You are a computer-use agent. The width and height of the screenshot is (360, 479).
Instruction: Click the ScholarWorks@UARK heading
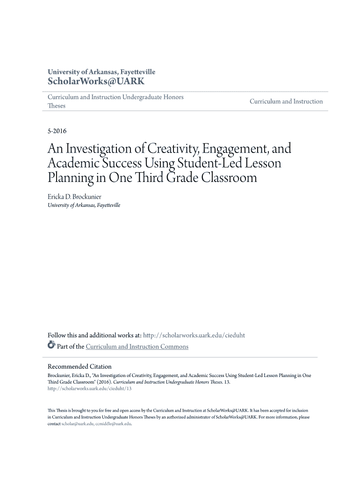point(96,81)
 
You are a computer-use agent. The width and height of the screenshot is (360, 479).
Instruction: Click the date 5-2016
point(57,131)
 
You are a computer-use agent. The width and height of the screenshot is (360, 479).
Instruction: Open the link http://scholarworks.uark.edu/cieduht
point(194,335)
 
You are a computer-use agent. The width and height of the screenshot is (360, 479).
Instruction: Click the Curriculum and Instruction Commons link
point(137,347)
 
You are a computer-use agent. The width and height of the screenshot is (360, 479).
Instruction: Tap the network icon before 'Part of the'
point(51,346)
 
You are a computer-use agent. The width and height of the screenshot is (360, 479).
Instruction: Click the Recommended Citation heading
point(80,366)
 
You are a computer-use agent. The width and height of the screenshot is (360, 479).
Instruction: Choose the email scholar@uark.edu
point(78,424)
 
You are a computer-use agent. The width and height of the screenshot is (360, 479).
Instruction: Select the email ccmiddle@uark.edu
point(114,424)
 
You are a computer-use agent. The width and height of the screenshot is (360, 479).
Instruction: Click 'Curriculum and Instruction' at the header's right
point(286,102)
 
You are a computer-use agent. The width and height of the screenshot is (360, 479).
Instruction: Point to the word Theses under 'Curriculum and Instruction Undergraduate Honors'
point(57,106)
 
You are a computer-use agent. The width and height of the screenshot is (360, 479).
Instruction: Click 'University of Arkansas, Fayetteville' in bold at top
point(101,72)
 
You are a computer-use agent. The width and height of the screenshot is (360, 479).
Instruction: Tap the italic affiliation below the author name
point(84,205)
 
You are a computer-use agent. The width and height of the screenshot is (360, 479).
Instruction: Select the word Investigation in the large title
point(98,149)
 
